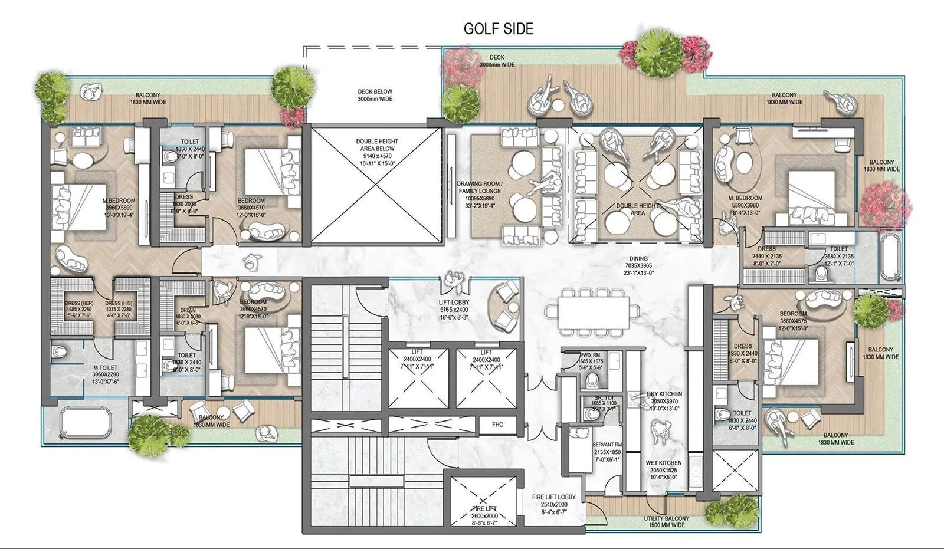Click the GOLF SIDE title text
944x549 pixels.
coord(498,29)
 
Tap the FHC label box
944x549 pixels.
coord(497,425)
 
